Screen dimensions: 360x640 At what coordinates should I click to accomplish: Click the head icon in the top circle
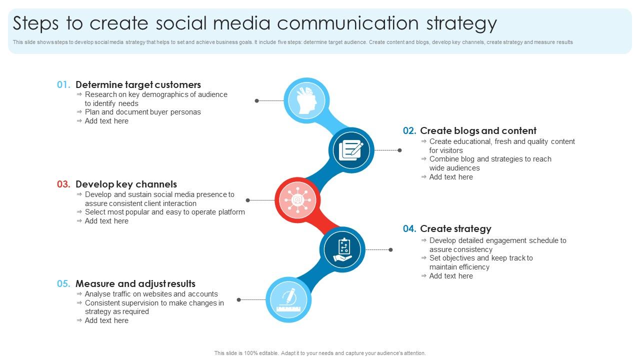[306, 100]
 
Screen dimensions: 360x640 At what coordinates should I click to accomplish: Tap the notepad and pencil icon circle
[351, 150]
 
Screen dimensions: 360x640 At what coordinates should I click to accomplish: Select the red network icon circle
[297, 200]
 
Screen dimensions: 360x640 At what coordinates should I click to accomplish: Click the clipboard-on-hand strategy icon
[343, 249]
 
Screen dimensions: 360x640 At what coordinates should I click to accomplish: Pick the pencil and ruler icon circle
[288, 299]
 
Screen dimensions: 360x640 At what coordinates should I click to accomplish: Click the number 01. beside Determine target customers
[63, 85]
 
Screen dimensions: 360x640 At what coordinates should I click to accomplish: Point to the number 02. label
[409, 131]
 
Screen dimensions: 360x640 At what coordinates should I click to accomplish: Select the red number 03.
[63, 184]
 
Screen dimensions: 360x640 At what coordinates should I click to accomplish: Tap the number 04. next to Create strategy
[409, 229]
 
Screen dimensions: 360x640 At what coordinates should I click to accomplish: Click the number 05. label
[63, 284]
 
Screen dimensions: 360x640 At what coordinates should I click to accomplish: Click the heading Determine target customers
[138, 85]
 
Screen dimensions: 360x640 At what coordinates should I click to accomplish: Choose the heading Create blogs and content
[478, 131]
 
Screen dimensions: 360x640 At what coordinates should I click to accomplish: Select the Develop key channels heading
[126, 184]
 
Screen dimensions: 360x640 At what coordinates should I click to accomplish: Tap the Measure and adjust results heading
[135, 284]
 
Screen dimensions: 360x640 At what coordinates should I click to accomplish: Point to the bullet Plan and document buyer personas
[142, 112]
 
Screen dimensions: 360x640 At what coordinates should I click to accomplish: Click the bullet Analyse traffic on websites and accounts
[151, 294]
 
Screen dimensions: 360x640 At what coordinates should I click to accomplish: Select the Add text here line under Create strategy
[450, 276]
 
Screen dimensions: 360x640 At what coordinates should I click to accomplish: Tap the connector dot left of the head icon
[257, 100]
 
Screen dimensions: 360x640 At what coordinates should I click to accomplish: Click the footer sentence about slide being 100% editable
[320, 353]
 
